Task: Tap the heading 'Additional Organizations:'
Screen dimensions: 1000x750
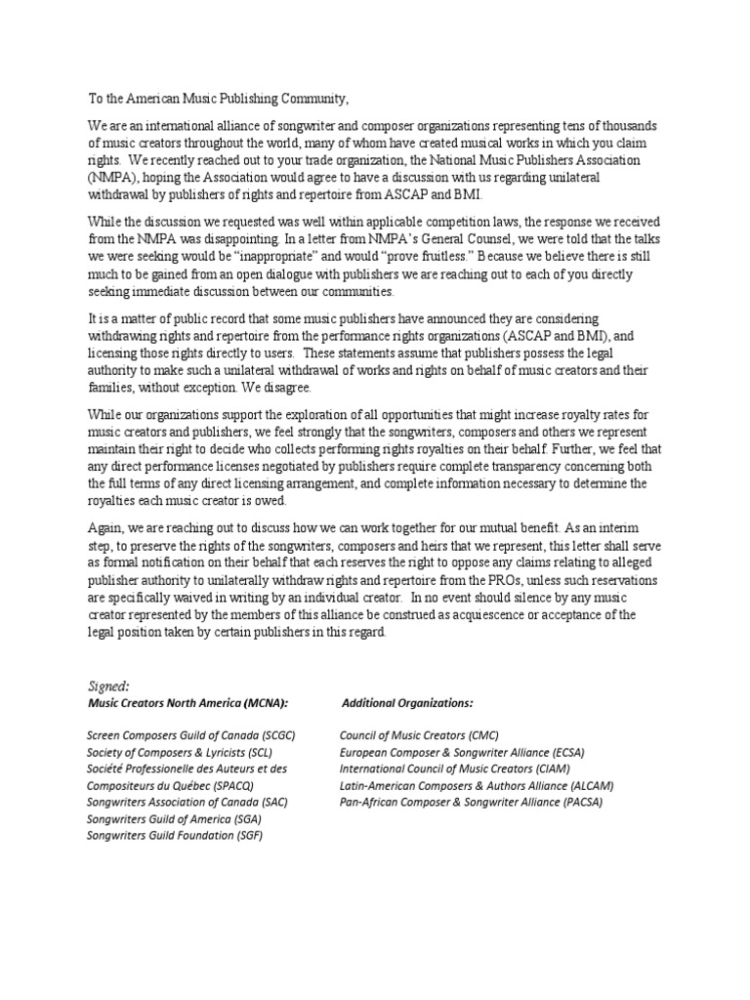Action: pos(407,703)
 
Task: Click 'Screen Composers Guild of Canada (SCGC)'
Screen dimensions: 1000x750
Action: pos(191,734)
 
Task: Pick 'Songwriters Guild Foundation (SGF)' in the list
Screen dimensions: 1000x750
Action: pos(176,836)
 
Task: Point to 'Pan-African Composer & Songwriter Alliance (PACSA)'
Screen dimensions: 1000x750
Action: pos(471,802)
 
